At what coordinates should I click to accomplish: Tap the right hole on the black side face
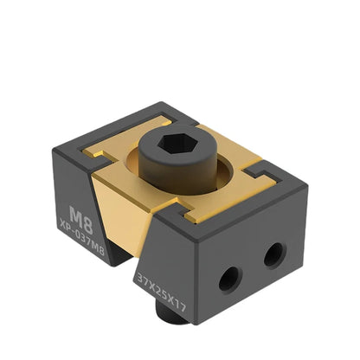pyautogui.click(x=273, y=253)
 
